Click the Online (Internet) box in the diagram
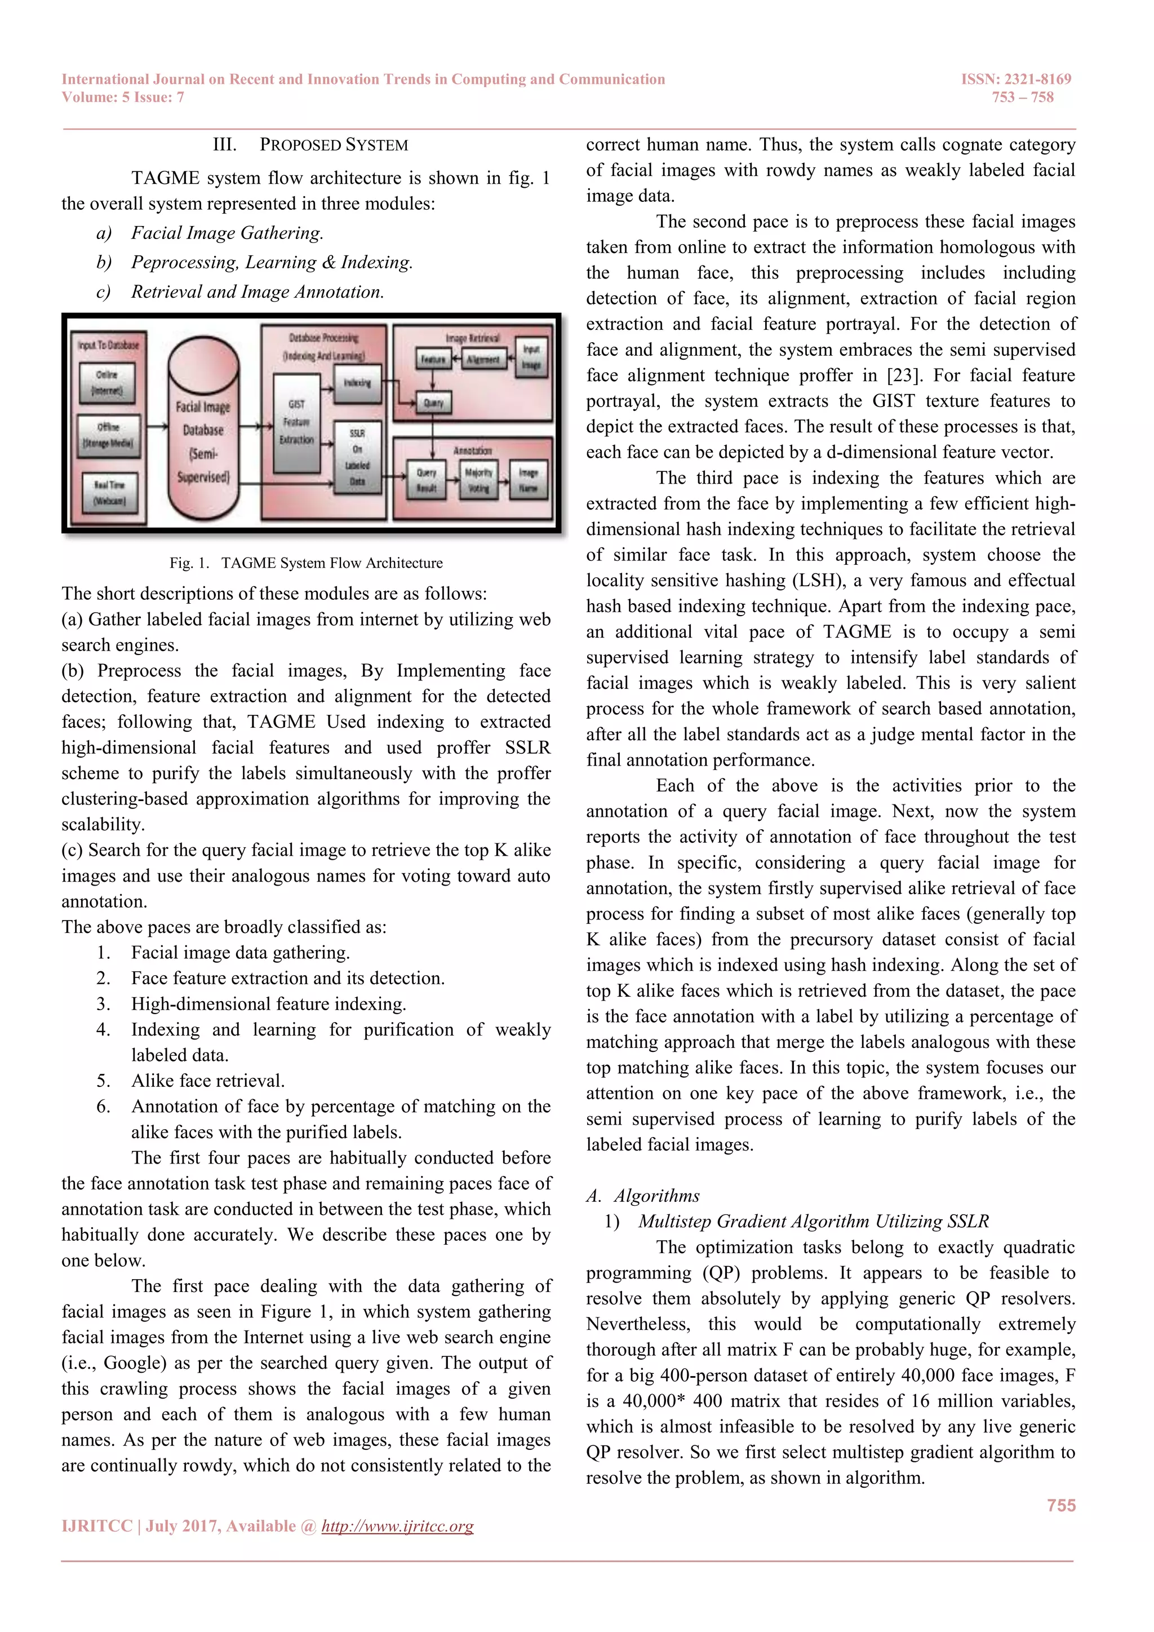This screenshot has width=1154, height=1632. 108,382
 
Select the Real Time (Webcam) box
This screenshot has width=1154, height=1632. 109,493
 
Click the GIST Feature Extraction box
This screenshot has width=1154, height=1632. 296,422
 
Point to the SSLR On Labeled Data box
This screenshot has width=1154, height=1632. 357,457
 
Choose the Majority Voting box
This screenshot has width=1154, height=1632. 478,480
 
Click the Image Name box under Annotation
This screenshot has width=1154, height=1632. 528,480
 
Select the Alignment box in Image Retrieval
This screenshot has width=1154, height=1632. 482,360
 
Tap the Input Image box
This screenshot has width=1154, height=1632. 531,357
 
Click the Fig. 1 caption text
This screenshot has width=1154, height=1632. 305,563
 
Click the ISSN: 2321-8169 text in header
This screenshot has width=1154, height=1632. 1015,79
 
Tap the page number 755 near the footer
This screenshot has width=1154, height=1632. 1060,1506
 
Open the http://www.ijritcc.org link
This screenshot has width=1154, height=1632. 397,1526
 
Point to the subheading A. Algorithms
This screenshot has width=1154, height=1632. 643,1196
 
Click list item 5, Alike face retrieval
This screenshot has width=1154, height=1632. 207,1081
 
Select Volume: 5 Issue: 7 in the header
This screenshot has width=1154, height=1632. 123,98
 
